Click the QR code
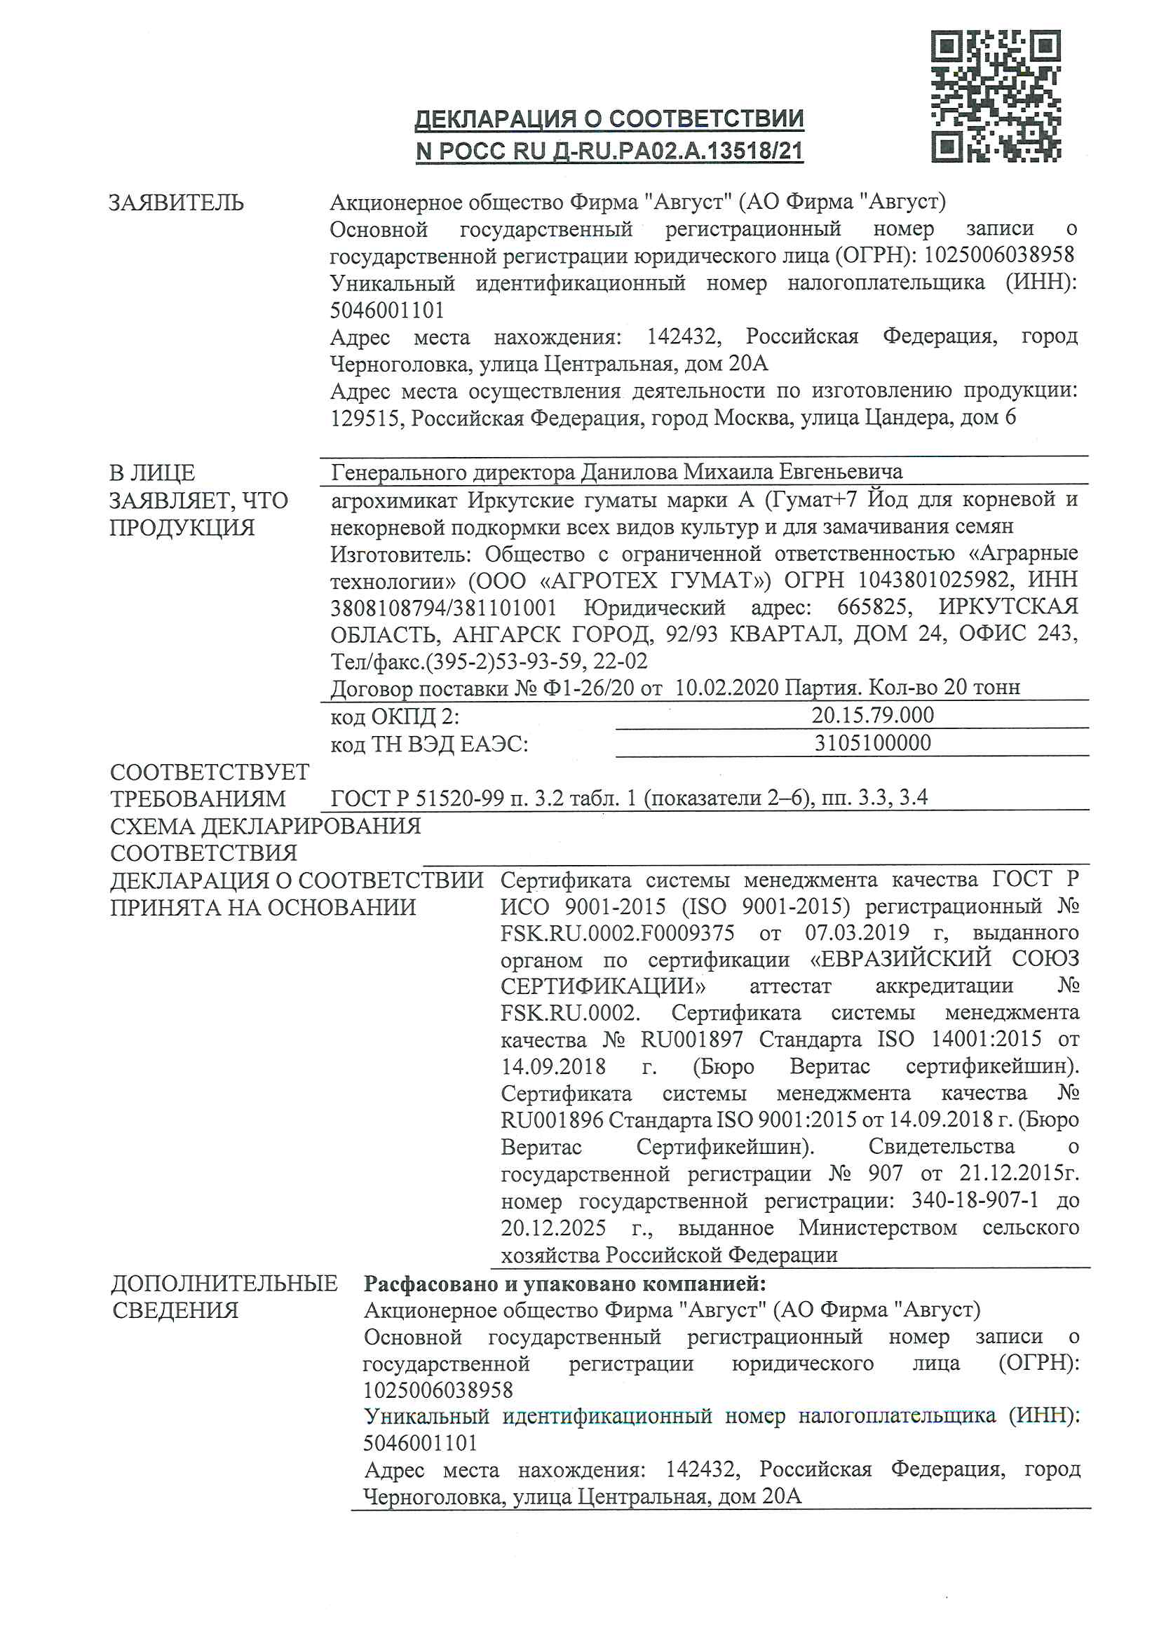tap(996, 95)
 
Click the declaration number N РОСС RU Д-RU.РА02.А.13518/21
tap(609, 151)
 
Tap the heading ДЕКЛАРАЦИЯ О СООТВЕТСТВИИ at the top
tap(609, 118)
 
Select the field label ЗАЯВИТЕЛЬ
tap(176, 203)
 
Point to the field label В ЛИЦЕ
tap(152, 472)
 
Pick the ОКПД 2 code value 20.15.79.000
tap(872, 715)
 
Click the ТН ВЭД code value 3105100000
tap(872, 743)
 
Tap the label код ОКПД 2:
tap(395, 716)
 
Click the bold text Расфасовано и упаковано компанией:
tap(564, 1284)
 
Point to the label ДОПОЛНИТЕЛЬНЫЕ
tap(224, 1284)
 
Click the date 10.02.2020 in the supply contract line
tap(726, 688)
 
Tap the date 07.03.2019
tap(857, 933)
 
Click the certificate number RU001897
tap(691, 1040)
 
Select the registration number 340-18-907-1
tap(975, 1200)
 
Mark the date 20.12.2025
tap(553, 1227)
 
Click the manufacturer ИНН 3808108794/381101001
tap(442, 608)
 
